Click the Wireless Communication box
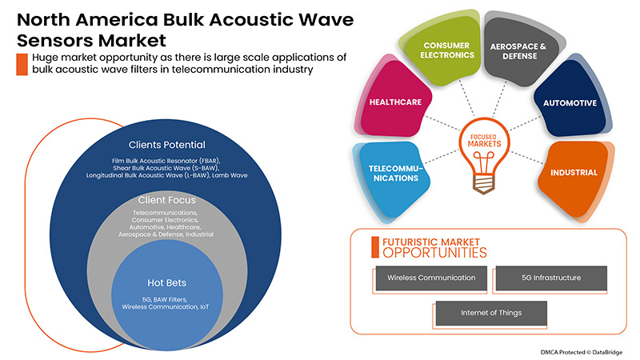click(x=431, y=278)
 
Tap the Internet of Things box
click(x=490, y=313)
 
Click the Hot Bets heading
click(x=166, y=282)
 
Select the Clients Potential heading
click(x=166, y=145)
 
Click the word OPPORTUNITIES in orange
click(x=434, y=253)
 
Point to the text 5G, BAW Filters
click(x=166, y=299)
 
